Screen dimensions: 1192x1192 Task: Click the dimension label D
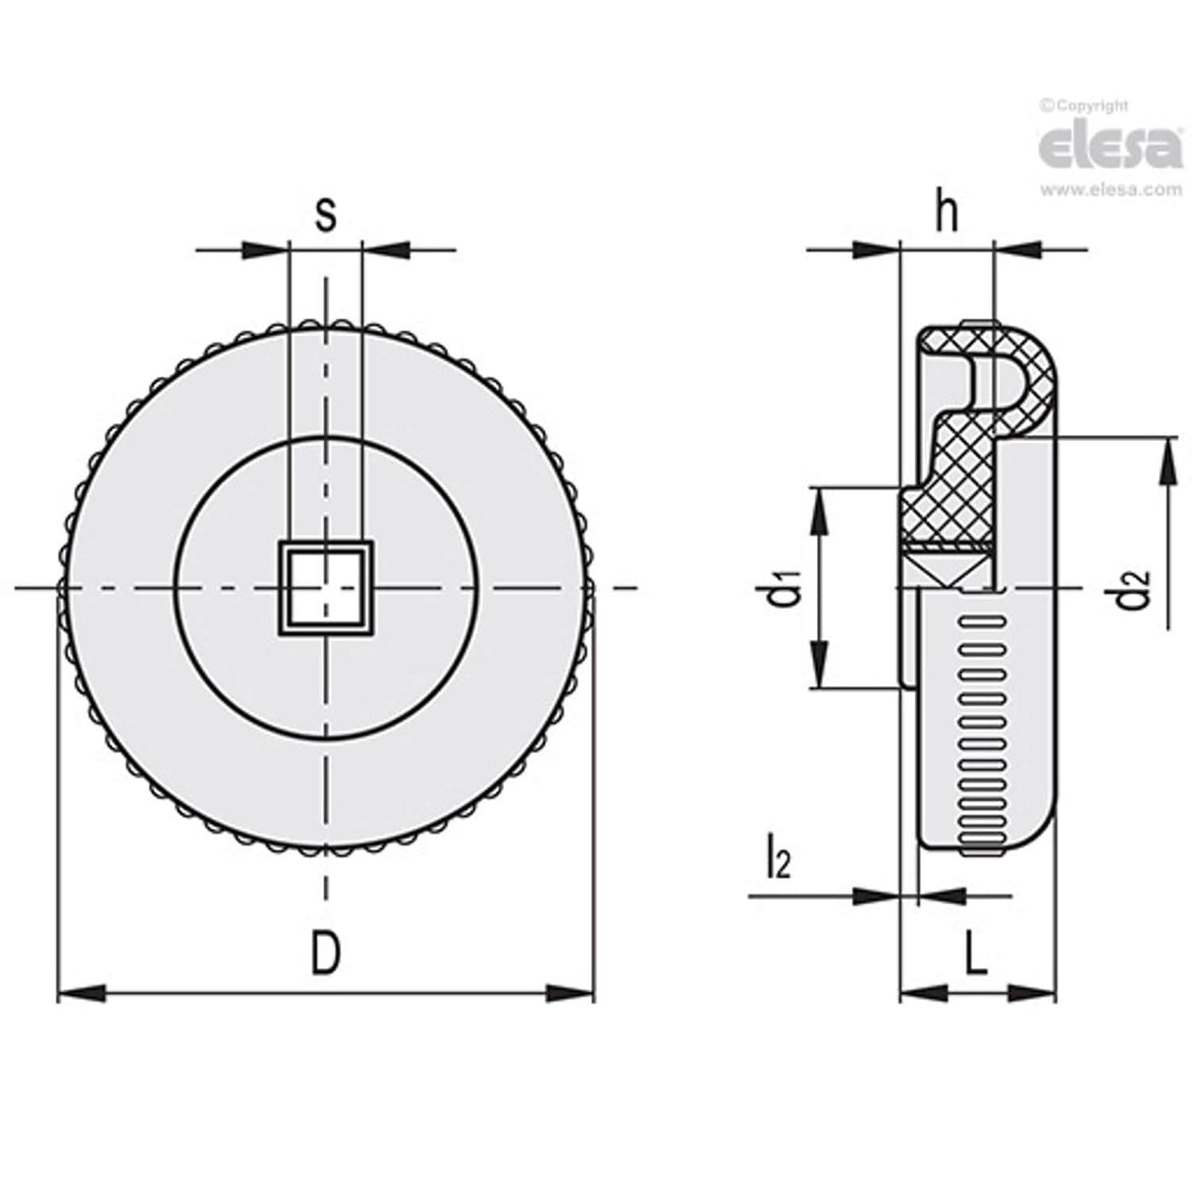pos(326,953)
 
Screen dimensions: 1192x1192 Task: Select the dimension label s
pos(326,213)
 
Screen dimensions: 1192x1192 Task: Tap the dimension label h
pos(946,213)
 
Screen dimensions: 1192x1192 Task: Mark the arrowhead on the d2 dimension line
pos(1168,462)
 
